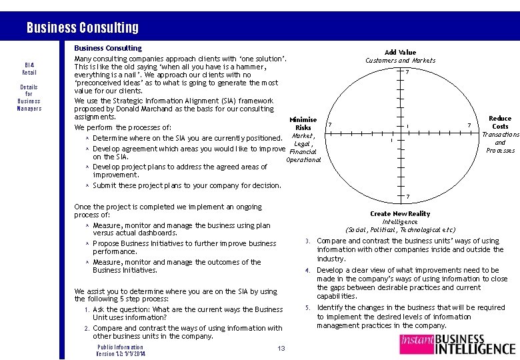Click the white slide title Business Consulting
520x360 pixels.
click(83, 27)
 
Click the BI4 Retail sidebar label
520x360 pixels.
click(29, 68)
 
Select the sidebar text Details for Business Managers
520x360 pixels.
click(29, 97)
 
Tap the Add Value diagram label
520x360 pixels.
click(400, 52)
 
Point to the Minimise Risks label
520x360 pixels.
click(303, 123)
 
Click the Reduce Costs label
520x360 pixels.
click(500, 122)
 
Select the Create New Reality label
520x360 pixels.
click(400, 213)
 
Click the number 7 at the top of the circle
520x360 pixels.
click(407, 72)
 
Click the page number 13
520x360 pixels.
click(281, 349)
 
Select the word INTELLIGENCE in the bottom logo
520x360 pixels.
click(475, 348)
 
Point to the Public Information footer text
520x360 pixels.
click(120, 347)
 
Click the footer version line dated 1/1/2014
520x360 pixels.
click(121, 353)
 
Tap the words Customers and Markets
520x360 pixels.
click(400, 61)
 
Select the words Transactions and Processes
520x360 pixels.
click(500, 142)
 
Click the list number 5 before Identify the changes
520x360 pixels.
click(307, 308)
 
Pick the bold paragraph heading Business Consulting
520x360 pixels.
click(108, 48)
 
